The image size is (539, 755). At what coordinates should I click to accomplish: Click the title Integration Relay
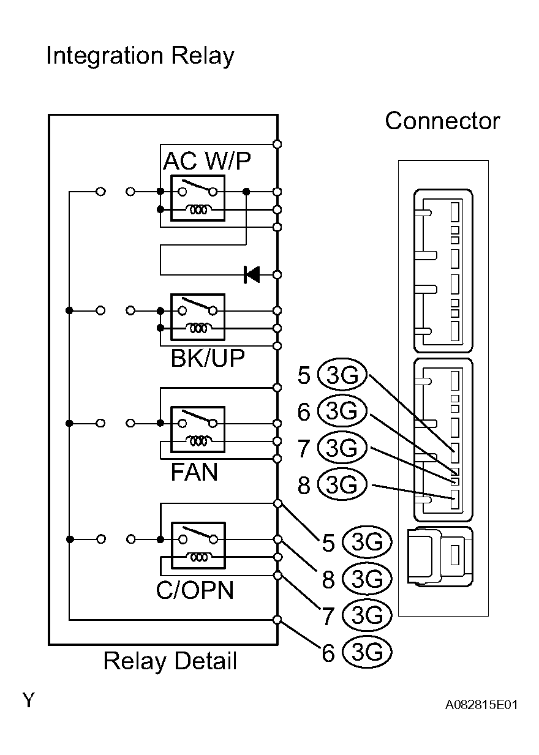pyautogui.click(x=140, y=56)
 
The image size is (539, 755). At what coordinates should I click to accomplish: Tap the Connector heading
pyautogui.click(x=442, y=121)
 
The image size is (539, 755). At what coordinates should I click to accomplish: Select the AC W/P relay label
pyautogui.click(x=206, y=161)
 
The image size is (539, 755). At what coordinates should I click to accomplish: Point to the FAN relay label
pyautogui.click(x=194, y=472)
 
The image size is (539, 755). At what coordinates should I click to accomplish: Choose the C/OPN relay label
pyautogui.click(x=195, y=590)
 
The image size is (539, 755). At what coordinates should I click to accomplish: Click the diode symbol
pyautogui.click(x=252, y=275)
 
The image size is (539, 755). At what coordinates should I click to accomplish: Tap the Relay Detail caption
pyautogui.click(x=170, y=661)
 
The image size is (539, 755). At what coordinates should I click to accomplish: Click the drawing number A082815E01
pyautogui.click(x=481, y=705)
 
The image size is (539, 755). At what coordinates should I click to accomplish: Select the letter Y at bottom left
pyautogui.click(x=29, y=700)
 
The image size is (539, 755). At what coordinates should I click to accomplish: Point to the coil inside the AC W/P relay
pyautogui.click(x=198, y=209)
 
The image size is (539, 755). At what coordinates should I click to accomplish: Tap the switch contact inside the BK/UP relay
pyautogui.click(x=198, y=306)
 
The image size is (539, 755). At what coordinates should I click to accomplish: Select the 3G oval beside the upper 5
pyautogui.click(x=342, y=375)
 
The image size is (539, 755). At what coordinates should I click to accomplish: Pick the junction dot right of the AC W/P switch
pyautogui.click(x=246, y=192)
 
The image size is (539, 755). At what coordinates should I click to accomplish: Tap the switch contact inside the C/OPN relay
pyautogui.click(x=198, y=535)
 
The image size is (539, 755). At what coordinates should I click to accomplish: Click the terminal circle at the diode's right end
pyautogui.click(x=277, y=275)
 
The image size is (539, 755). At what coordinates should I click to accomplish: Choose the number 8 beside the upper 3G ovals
pyautogui.click(x=304, y=486)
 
